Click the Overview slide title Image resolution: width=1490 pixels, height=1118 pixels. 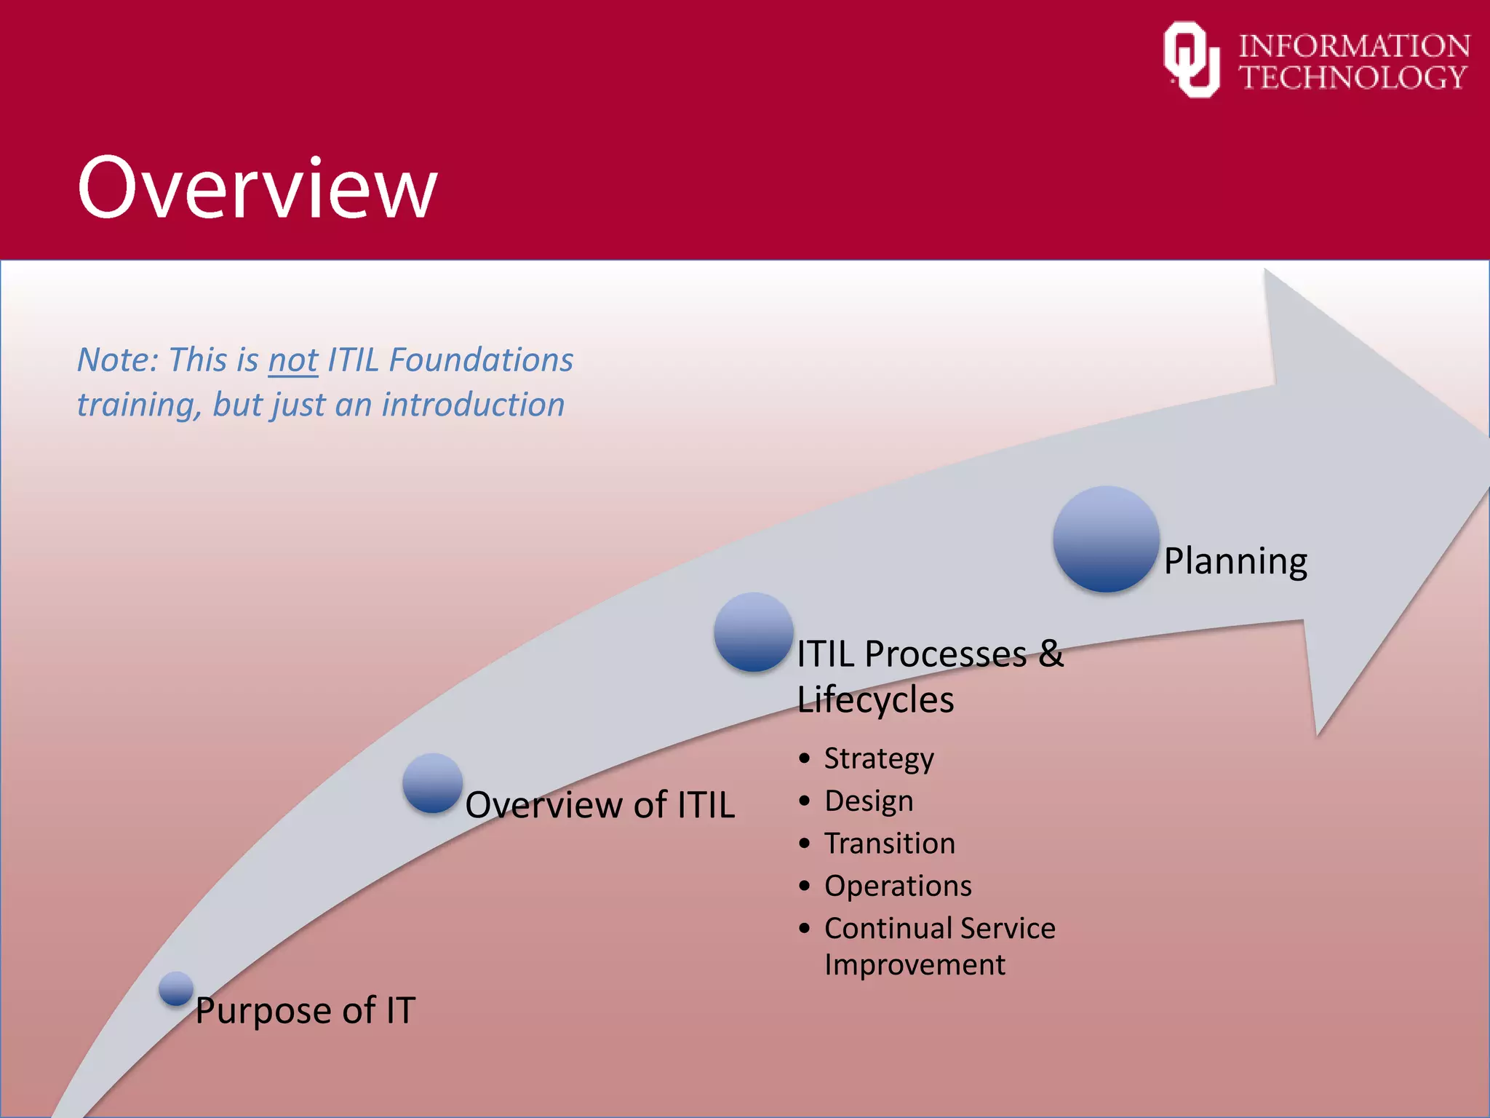257,188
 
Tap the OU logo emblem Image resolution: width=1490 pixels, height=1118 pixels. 1191,60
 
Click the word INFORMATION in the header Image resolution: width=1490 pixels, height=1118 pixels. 1354,46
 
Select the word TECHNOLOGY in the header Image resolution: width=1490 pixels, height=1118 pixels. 1352,77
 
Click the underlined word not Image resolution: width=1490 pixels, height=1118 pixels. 292,360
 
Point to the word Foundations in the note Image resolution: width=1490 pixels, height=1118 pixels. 481,360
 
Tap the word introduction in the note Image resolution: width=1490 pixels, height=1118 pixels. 473,405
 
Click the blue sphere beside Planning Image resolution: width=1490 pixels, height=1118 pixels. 1106,539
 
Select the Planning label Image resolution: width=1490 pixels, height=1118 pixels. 1235,561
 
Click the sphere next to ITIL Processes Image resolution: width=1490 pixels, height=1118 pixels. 753,631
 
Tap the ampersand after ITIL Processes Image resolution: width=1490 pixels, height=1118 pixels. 1051,653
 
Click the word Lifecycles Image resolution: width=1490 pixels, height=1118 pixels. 875,700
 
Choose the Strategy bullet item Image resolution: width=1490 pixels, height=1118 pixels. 879,758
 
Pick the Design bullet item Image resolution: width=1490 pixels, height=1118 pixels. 869,801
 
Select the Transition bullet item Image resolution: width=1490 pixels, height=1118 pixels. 889,843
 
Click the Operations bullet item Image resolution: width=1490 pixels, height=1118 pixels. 898,886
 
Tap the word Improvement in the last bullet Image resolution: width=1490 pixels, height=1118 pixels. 915,965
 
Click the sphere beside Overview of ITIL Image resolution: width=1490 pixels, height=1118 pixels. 433,783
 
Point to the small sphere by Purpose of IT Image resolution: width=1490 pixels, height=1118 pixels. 176,988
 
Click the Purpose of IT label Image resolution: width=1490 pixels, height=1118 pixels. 305,1010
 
